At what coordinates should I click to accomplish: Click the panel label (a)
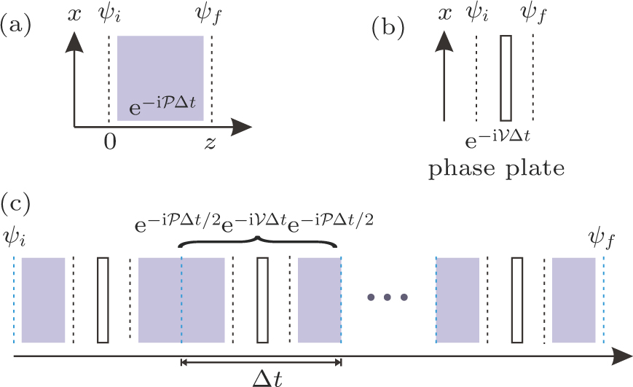click(15, 27)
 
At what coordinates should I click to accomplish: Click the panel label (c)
click(15, 201)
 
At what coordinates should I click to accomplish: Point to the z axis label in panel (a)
click(209, 142)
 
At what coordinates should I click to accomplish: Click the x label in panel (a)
click(72, 13)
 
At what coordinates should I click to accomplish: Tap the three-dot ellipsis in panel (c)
click(388, 297)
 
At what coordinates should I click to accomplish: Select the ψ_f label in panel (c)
click(602, 237)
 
